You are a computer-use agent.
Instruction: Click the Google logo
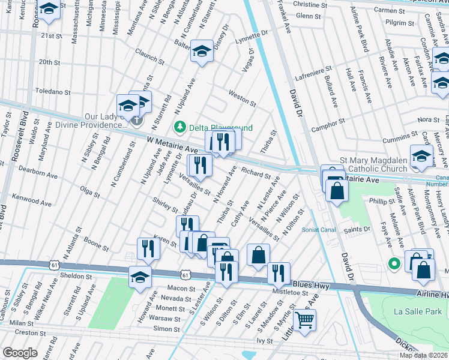point(19,352)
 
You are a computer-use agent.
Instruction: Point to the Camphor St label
point(328,125)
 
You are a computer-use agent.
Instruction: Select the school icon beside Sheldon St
point(140,277)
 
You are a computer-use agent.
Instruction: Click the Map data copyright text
point(423,355)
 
